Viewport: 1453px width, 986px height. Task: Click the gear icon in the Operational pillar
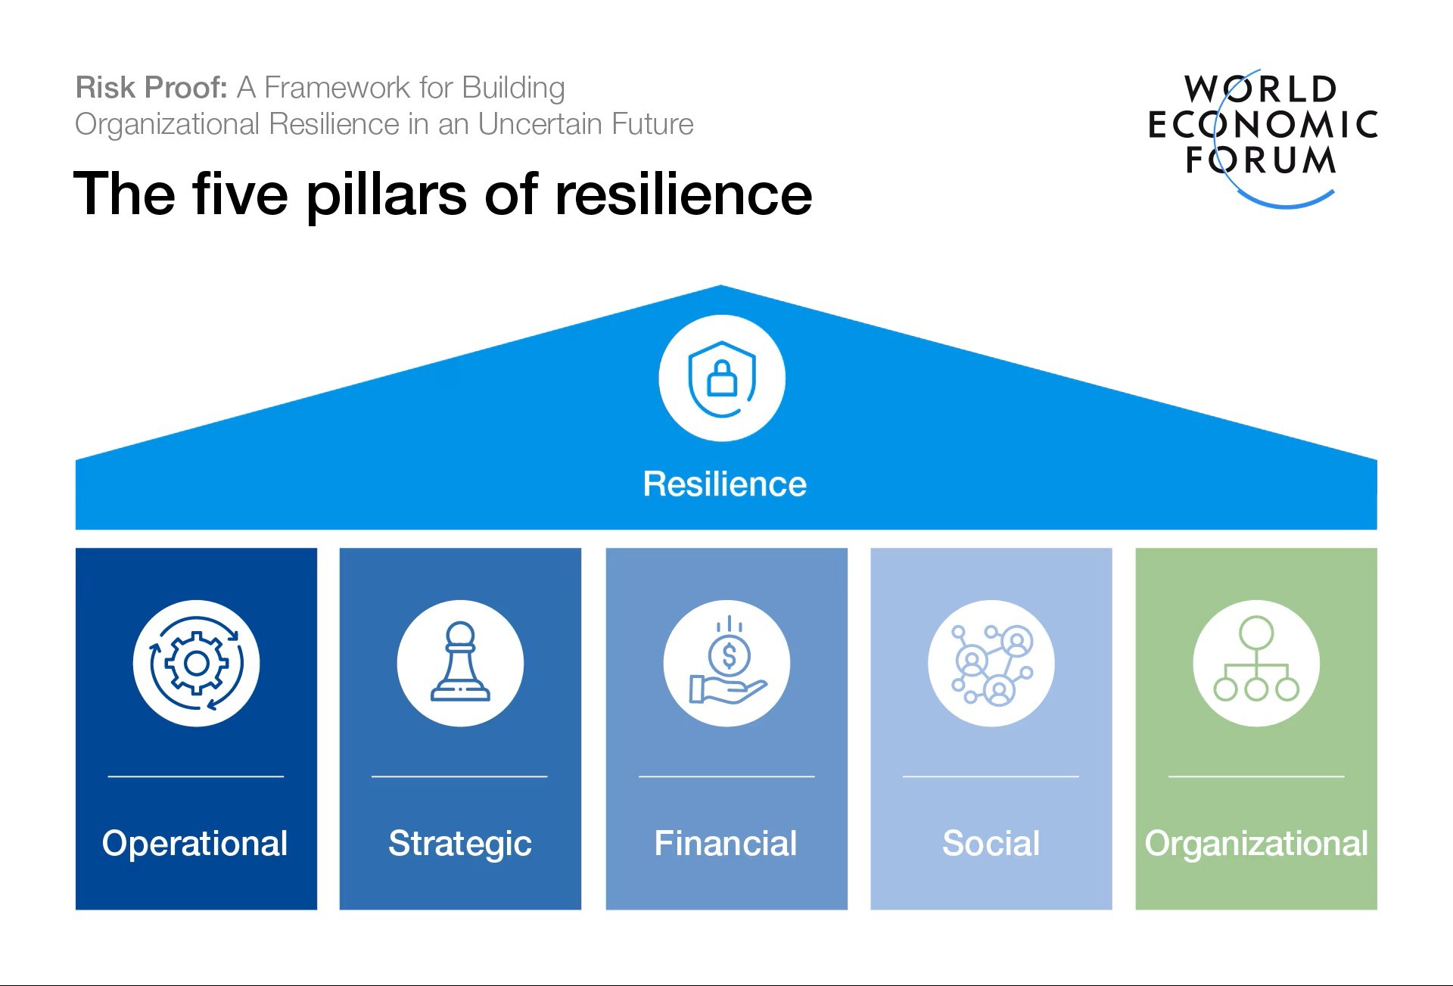[196, 664]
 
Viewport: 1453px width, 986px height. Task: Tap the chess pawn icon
[460, 664]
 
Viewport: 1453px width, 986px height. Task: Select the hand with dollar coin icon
[726, 664]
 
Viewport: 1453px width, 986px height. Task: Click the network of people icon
[991, 664]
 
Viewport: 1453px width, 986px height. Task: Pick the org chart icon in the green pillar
[1256, 664]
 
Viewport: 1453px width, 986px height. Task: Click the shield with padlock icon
[722, 378]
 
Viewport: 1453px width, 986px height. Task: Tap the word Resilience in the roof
[724, 484]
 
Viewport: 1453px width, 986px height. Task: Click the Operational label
[195, 843]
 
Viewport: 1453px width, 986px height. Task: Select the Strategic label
[460, 844]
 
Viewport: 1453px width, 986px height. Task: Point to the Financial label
[725, 843]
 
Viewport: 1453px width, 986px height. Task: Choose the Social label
[991, 843]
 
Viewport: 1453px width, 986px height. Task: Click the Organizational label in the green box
[1256, 844]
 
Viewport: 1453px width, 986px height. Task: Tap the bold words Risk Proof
[151, 88]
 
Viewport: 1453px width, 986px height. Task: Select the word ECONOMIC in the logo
[1262, 125]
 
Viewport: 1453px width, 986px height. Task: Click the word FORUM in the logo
[1261, 160]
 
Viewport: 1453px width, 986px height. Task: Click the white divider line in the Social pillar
[991, 776]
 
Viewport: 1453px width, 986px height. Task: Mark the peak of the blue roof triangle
[721, 287]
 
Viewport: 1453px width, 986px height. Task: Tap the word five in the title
[240, 194]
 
